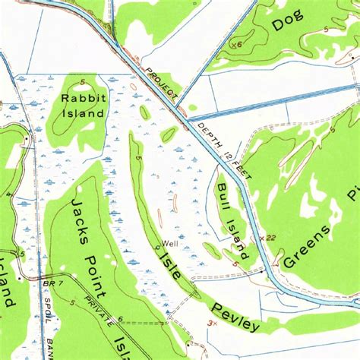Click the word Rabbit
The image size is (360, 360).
click(x=84, y=97)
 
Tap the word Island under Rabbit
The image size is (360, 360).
click(x=83, y=113)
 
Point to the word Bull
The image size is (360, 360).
click(x=223, y=194)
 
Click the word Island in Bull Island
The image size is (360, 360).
click(x=236, y=236)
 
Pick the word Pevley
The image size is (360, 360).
click(x=235, y=316)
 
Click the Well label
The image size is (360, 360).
click(x=169, y=244)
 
